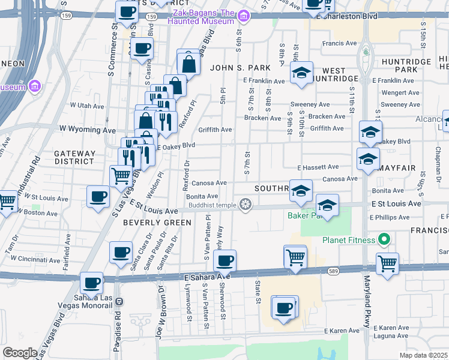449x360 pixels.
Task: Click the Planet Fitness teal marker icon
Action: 384,240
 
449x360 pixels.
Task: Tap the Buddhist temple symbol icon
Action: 245,205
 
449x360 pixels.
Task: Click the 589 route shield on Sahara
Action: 350,271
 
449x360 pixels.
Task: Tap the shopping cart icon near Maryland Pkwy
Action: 387,263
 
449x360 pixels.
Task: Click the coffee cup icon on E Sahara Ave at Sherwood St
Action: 224,260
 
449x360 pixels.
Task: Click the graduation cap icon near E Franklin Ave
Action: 301,73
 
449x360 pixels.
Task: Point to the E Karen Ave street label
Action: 342,331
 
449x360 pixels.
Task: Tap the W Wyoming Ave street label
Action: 87,130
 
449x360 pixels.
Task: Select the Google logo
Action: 20,353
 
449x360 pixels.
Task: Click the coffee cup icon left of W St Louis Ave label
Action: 98,196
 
